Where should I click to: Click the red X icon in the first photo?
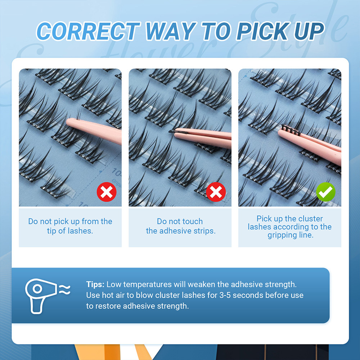click(x=107, y=192)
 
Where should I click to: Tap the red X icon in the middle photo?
click(x=216, y=192)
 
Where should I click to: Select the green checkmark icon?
click(x=326, y=192)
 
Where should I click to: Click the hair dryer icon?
click(x=41, y=296)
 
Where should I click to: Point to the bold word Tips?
click(x=95, y=284)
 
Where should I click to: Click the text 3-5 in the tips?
click(x=225, y=295)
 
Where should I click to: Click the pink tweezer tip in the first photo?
click(x=69, y=122)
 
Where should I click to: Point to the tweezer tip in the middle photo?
click(x=172, y=131)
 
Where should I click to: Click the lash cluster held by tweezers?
click(x=291, y=130)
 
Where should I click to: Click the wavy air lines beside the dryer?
click(x=64, y=290)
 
